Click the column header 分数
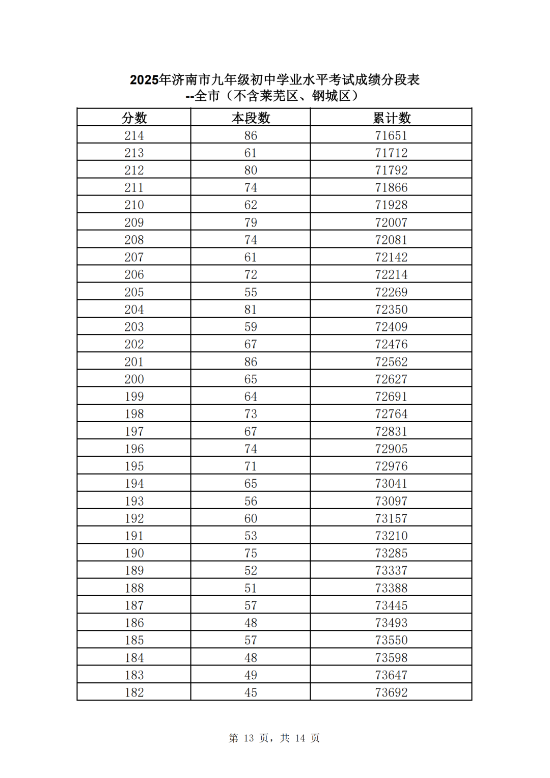(134, 118)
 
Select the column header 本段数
(251, 118)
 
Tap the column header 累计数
(391, 118)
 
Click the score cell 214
(134, 135)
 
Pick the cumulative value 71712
(391, 153)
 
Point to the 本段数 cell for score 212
(251, 170)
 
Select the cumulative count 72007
(391, 223)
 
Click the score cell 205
(134, 292)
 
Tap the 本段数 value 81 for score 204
(251, 310)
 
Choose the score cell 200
(134, 379)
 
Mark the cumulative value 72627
(391, 379)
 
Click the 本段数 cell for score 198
(251, 414)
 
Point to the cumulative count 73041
(391, 484)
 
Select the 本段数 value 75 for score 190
(251, 553)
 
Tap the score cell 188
(134, 588)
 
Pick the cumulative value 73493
(391, 623)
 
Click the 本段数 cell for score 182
(251, 692)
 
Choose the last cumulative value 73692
(391, 692)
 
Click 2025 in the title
(144, 80)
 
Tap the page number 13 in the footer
(249, 738)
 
